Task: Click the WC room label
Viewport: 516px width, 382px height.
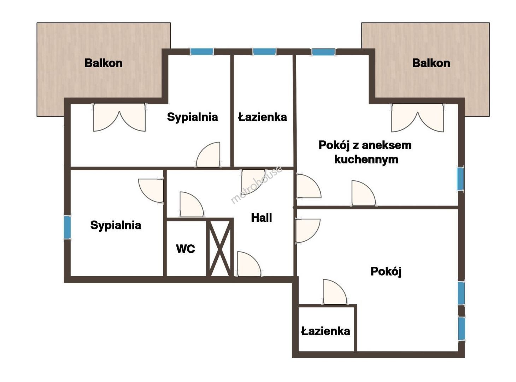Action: coord(185,249)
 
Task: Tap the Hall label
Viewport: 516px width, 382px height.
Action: coord(261,218)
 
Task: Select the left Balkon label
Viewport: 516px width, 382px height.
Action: coord(104,63)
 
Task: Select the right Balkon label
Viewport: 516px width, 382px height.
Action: coord(431,63)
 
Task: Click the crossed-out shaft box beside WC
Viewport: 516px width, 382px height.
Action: coord(220,248)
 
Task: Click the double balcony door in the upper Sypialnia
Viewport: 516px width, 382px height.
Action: coord(119,117)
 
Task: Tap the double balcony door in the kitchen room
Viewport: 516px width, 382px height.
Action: coord(417,118)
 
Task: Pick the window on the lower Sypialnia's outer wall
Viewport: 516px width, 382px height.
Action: coord(67,227)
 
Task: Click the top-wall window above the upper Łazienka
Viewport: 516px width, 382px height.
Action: coord(264,52)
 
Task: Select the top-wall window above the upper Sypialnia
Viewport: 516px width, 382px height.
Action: coord(202,52)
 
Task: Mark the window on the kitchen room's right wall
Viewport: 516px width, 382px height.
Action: coord(460,179)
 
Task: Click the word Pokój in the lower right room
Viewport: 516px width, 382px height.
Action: coord(386,272)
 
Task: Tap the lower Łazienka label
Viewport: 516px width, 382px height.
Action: coord(326,331)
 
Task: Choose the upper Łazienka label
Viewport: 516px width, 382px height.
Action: coord(262,117)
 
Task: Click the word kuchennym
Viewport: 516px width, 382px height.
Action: coord(366,160)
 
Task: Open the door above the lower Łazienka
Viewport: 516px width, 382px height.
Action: coord(335,292)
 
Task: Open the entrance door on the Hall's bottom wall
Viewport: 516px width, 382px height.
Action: coord(249,264)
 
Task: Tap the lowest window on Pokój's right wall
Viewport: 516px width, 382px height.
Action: coord(462,329)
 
